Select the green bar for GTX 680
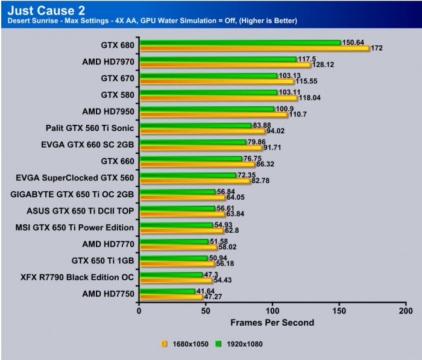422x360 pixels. point(240,42)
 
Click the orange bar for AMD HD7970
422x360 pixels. point(225,65)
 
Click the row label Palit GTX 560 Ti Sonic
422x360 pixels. point(90,128)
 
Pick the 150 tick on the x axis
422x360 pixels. point(339,311)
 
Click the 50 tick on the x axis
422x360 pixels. point(206,311)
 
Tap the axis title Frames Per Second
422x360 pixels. point(272,323)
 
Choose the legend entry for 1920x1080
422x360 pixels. point(242,344)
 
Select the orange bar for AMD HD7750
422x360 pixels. point(171,297)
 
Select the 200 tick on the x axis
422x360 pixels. point(406,311)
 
